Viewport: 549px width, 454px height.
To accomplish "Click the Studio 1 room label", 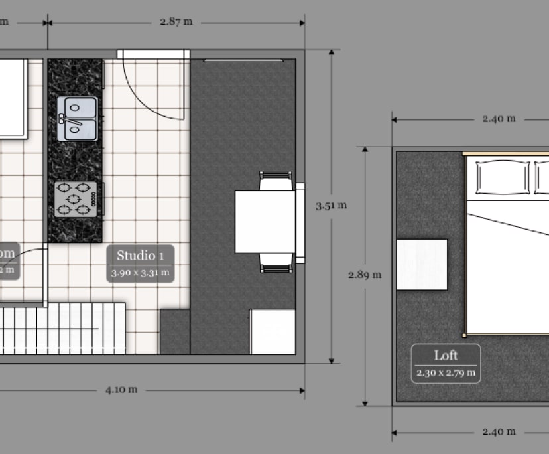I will pos(140,256).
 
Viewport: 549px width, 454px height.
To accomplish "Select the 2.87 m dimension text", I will pos(176,21).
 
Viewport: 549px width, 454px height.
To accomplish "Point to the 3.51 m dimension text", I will pos(331,205).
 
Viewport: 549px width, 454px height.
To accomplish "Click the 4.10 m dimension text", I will pos(121,390).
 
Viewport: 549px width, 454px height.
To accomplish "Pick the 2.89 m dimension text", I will pos(365,274).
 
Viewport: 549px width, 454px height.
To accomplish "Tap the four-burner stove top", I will pos(76,198).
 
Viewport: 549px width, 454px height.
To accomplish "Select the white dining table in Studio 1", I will pos(265,222).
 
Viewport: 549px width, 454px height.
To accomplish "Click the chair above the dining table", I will pos(276,181).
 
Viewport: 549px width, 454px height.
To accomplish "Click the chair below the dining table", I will pos(276,264).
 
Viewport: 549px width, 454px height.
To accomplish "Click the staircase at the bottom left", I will pos(63,328).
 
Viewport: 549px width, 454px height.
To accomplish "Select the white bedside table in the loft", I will pos(422,264).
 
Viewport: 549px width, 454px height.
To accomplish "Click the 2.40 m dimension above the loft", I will pos(499,119).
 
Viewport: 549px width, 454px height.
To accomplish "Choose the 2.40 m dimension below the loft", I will pos(499,431).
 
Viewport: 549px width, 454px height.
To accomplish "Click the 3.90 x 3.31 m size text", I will pos(140,272).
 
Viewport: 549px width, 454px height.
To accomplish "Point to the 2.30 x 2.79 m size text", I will pos(446,373).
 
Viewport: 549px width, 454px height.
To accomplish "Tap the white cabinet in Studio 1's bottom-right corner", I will pos(273,331).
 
